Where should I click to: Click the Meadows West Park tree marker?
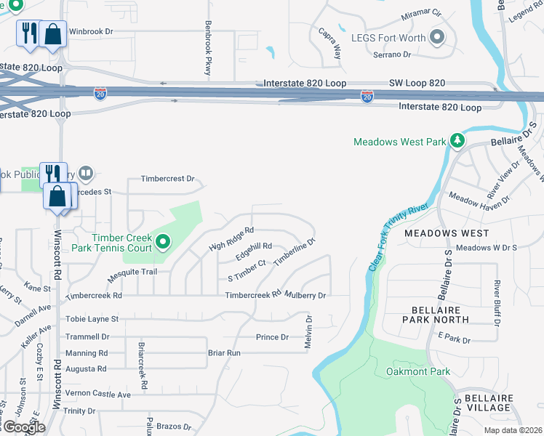457,140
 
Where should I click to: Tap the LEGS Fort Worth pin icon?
437,36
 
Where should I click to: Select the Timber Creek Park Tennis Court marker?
163,242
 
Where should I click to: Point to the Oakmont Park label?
418,371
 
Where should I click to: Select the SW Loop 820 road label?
417,84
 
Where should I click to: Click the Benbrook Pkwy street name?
208,46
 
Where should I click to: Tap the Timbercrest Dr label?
168,178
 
